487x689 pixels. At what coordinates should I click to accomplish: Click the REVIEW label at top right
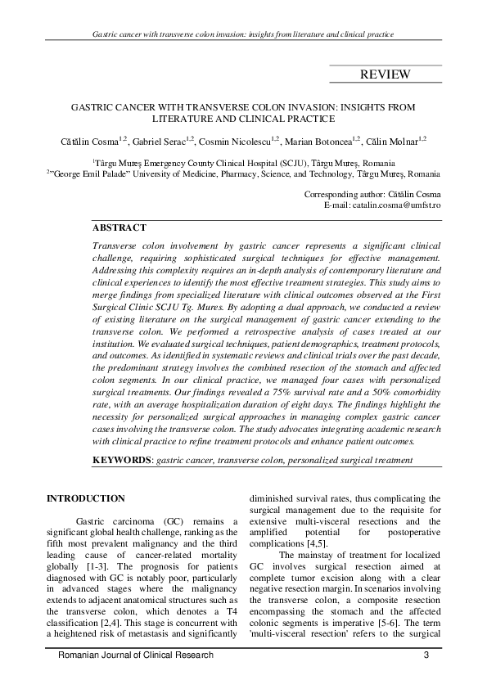point(385,75)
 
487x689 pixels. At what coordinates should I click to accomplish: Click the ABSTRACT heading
point(119,227)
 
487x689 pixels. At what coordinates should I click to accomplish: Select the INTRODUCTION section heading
point(86,498)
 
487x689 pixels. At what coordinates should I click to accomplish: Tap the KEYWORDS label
point(122,460)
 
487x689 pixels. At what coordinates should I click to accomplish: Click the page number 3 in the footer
point(426,655)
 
